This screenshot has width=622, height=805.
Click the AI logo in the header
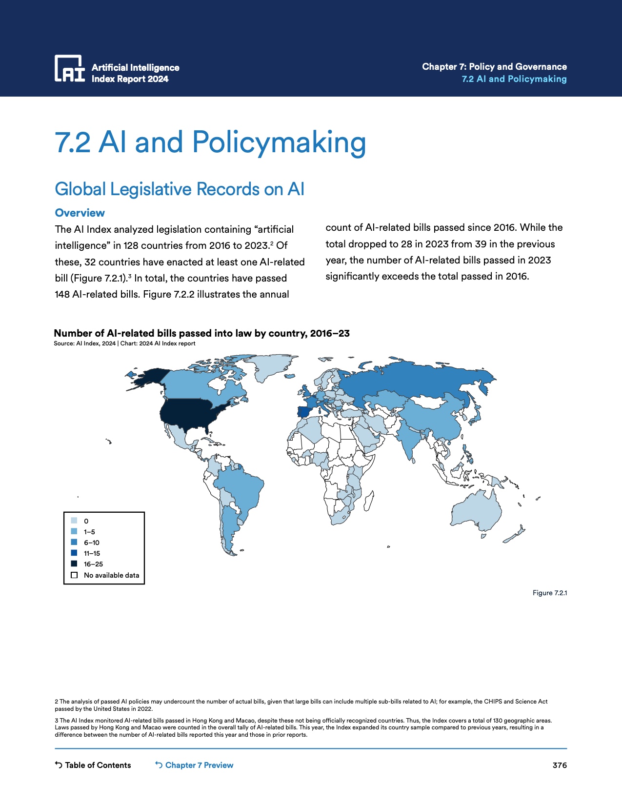(x=69, y=68)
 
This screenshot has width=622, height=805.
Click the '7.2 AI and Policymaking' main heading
(x=210, y=142)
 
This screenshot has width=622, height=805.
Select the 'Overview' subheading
(x=80, y=213)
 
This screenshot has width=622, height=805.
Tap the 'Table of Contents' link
(x=93, y=765)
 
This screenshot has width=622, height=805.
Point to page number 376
(x=560, y=765)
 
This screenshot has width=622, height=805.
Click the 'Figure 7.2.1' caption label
(x=549, y=593)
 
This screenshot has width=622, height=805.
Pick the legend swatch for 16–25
(x=74, y=564)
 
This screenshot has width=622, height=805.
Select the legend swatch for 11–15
(x=74, y=553)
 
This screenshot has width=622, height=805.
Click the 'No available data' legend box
(x=74, y=575)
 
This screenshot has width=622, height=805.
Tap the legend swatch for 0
(x=74, y=521)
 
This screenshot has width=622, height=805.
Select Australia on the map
(x=476, y=510)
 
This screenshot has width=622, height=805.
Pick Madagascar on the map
(x=369, y=501)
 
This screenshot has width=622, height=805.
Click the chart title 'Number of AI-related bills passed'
(x=201, y=333)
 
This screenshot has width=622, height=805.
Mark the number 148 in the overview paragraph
(x=62, y=295)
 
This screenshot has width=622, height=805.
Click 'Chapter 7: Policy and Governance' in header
(x=494, y=67)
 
